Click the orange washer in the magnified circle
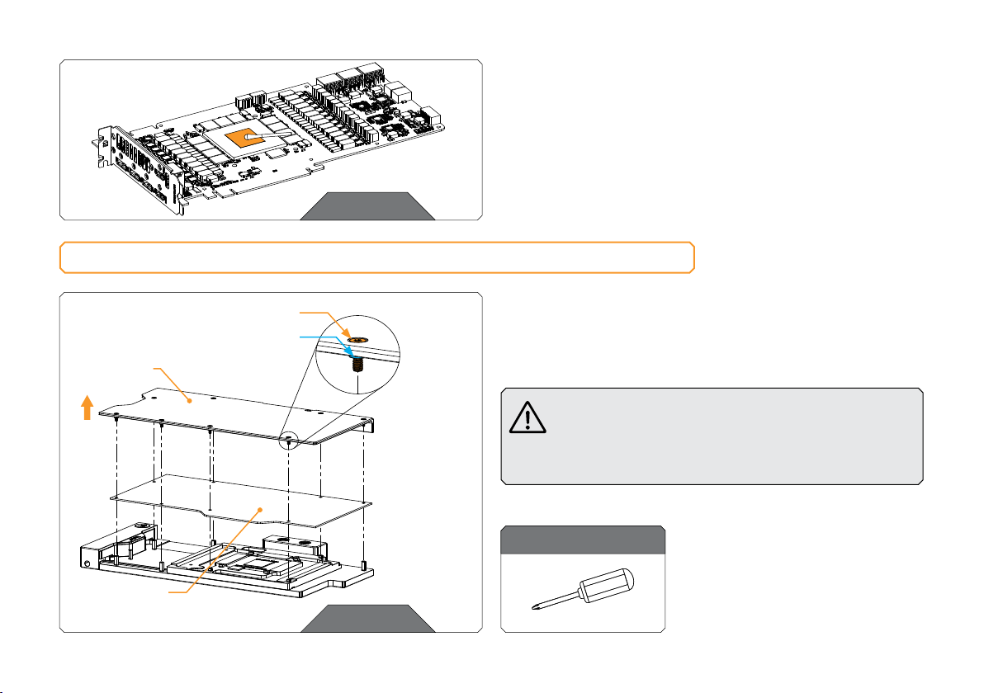coord(357,338)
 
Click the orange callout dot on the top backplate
coord(191,402)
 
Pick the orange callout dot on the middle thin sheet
coord(262,511)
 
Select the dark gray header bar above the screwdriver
coord(584,540)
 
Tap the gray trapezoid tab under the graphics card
coord(367,206)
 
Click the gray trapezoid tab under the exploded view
coord(367,618)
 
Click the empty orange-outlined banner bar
coord(376,257)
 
